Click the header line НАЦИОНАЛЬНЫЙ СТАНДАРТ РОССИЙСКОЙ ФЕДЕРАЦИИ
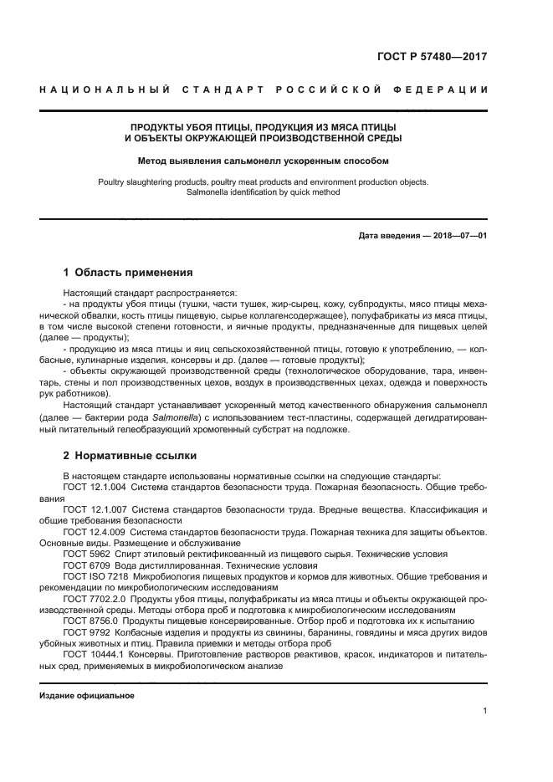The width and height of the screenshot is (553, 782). pyautogui.click(x=264, y=89)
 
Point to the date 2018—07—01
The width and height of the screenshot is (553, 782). pyautogui.click(x=458, y=236)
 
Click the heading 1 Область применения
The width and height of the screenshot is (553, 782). pyautogui.click(x=129, y=273)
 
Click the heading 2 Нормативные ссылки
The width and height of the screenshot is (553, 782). pyautogui.click(x=131, y=456)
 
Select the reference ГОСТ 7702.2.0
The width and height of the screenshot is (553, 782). pyautogui.click(x=95, y=599)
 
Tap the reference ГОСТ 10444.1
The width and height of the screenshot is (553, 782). pyautogui.click(x=93, y=656)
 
